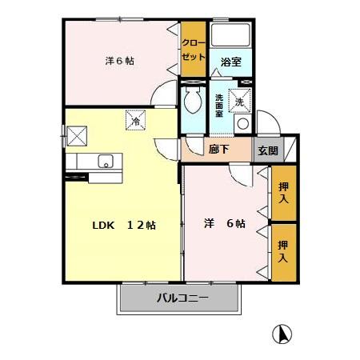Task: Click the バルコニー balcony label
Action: click(x=182, y=299)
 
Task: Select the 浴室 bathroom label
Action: click(x=231, y=62)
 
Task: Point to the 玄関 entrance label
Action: click(x=267, y=150)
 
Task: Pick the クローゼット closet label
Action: click(x=193, y=50)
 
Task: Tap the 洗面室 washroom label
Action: click(x=220, y=106)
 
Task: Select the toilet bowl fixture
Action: click(x=192, y=101)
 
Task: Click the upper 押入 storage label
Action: click(x=283, y=192)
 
